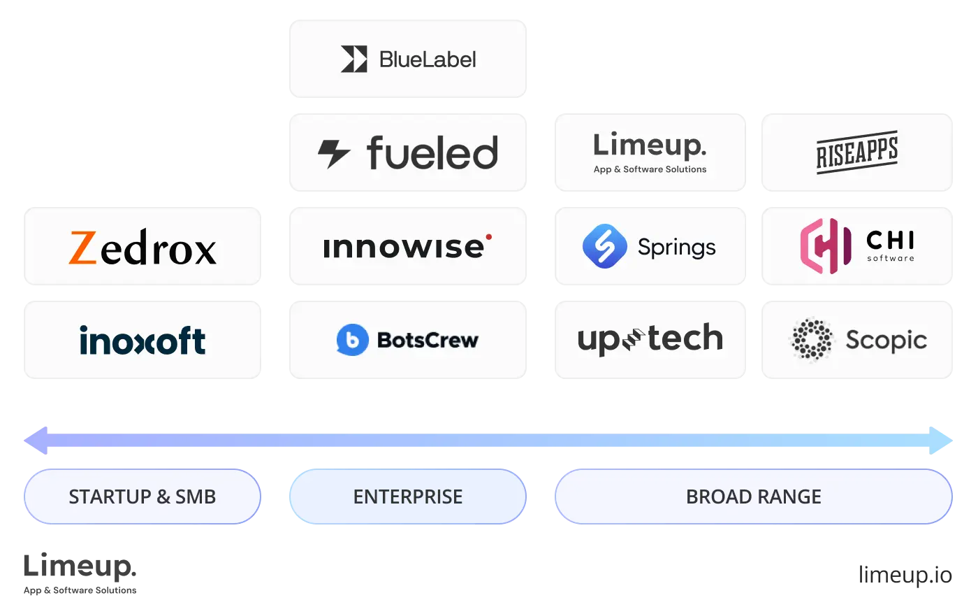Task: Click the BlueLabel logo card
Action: click(x=408, y=59)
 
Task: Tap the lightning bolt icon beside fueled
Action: click(x=334, y=153)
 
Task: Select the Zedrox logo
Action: click(x=143, y=248)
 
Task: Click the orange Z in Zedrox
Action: click(x=82, y=248)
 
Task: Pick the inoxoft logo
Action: click(x=143, y=341)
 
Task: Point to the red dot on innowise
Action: click(x=488, y=237)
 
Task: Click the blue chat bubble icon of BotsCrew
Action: click(x=352, y=340)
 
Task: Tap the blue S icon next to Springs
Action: click(x=604, y=246)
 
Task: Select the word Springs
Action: click(x=676, y=248)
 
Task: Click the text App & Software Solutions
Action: click(x=650, y=169)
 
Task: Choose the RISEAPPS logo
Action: click(x=857, y=152)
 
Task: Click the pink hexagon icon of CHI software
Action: click(x=825, y=245)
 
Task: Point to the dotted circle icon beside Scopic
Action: click(x=812, y=340)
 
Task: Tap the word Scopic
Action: click(x=886, y=341)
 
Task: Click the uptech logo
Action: click(x=650, y=340)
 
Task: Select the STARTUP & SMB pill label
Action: click(x=143, y=497)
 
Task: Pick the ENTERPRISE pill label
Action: click(x=408, y=497)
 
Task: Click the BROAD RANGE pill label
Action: click(x=753, y=497)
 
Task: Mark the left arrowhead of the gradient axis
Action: click(x=35, y=441)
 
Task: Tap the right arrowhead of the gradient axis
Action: click(x=942, y=441)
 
